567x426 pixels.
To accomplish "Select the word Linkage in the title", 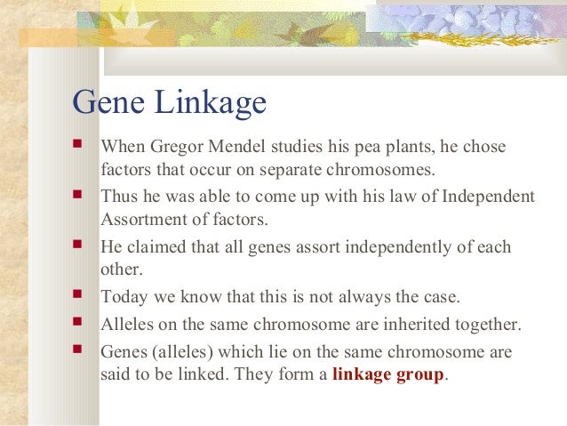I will tap(210, 102).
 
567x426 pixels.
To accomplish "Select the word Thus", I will tap(121, 196).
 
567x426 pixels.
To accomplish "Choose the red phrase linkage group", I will tap(387, 374).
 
